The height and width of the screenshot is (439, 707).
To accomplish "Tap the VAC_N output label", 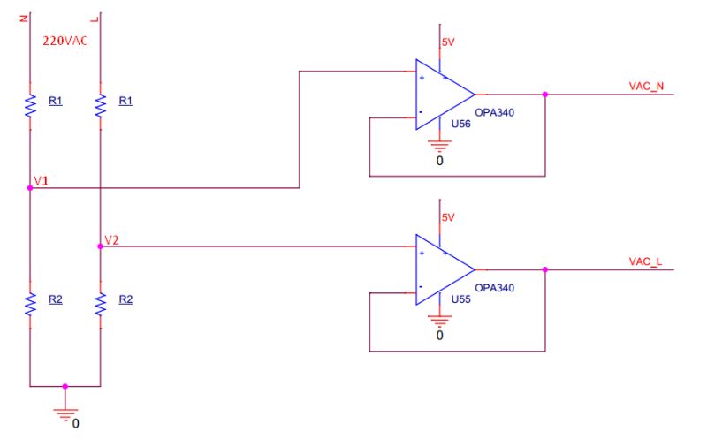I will coord(645,87).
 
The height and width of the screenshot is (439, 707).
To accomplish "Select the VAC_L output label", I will coord(645,263).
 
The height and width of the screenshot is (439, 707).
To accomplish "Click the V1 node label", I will coord(41,181).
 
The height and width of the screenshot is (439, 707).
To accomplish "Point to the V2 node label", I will coord(111,239).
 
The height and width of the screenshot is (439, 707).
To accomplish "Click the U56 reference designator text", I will coord(460,125).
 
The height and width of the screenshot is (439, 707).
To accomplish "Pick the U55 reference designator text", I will coord(460,300).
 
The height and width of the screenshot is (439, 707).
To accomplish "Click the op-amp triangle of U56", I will coord(442,94).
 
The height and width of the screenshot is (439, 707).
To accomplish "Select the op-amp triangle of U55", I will coord(442,270).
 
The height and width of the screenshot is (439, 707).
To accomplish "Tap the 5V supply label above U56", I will coord(447,42).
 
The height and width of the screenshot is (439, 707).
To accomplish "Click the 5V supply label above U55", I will coord(447,217).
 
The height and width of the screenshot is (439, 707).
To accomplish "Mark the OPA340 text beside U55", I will coord(494,288).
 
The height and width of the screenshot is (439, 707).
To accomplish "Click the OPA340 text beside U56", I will coord(494,112).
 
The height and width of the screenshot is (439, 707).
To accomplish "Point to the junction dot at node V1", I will coord(29,188).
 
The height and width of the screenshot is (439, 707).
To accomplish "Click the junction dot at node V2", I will coord(100,246).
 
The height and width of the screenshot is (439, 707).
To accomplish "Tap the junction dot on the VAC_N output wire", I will coord(545,94).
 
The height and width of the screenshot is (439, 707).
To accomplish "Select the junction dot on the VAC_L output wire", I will coord(545,270).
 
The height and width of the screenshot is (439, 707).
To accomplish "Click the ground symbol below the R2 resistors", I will coord(65,408).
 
